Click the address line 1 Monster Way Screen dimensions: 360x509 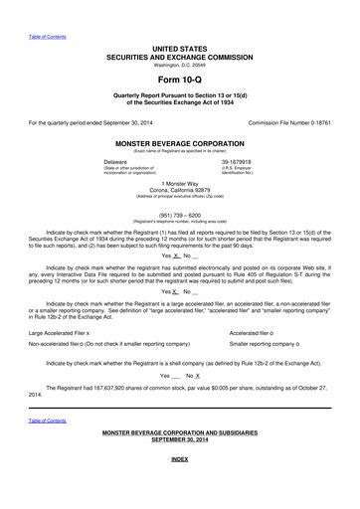(179, 185)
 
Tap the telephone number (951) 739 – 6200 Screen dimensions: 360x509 (179, 213)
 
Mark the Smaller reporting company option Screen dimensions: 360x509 (273, 344)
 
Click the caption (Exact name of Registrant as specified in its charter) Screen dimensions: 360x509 (179, 149)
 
